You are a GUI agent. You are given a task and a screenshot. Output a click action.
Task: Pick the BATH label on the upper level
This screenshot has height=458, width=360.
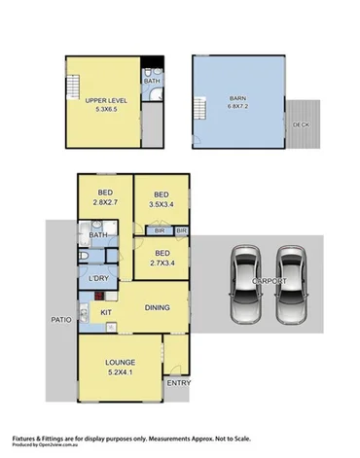pyautogui.click(x=152, y=81)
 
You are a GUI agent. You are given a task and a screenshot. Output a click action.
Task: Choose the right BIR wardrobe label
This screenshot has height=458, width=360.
pyautogui.click(x=181, y=230)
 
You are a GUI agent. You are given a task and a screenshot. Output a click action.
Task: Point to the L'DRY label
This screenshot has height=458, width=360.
pyautogui.click(x=98, y=279)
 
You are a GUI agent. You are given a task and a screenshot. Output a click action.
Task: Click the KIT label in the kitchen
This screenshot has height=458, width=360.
pyautogui.click(x=107, y=312)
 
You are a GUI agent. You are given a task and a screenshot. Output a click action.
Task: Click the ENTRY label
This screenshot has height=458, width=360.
pyautogui.click(x=178, y=382)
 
